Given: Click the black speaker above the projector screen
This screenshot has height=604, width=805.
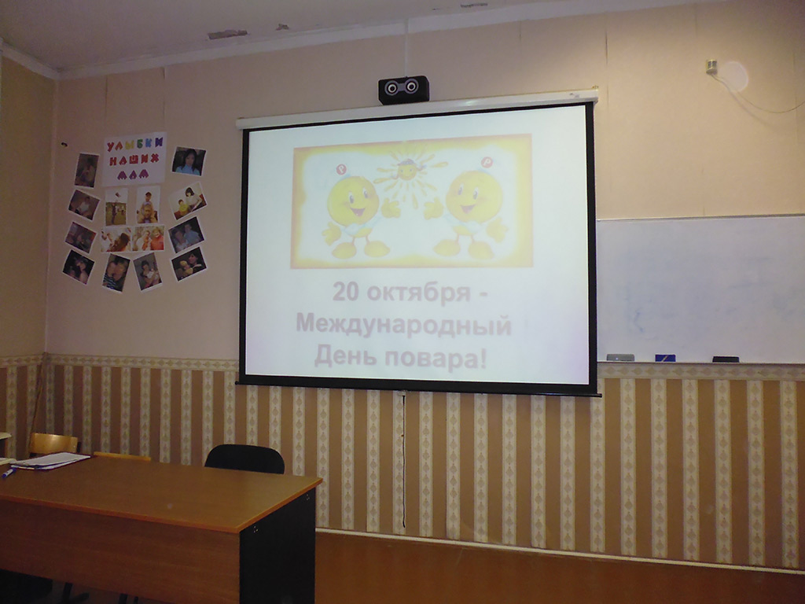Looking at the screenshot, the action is point(403,90).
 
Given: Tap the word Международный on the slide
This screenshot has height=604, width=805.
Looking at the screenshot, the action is point(403,325).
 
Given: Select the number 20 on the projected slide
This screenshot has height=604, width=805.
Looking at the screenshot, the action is point(346,292).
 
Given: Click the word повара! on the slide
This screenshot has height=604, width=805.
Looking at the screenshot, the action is point(436,358).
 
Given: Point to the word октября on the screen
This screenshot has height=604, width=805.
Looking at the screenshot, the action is point(419,293).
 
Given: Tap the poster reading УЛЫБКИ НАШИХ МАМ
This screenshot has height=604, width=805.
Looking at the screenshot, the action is point(134,158).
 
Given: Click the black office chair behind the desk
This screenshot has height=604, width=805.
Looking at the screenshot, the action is point(244,459).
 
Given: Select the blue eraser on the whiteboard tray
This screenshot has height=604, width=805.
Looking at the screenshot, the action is point(665,358).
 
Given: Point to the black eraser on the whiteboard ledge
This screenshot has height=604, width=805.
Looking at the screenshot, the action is point(726,359).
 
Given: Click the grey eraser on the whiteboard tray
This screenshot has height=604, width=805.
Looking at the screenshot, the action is point(620,358).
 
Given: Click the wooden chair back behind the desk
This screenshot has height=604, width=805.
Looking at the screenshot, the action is point(53,444).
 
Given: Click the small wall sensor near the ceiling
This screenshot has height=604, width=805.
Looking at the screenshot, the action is point(711,67).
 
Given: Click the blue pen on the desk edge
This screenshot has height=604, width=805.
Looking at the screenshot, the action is point(8,473).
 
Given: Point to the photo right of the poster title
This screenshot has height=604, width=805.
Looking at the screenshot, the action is point(189,160).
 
